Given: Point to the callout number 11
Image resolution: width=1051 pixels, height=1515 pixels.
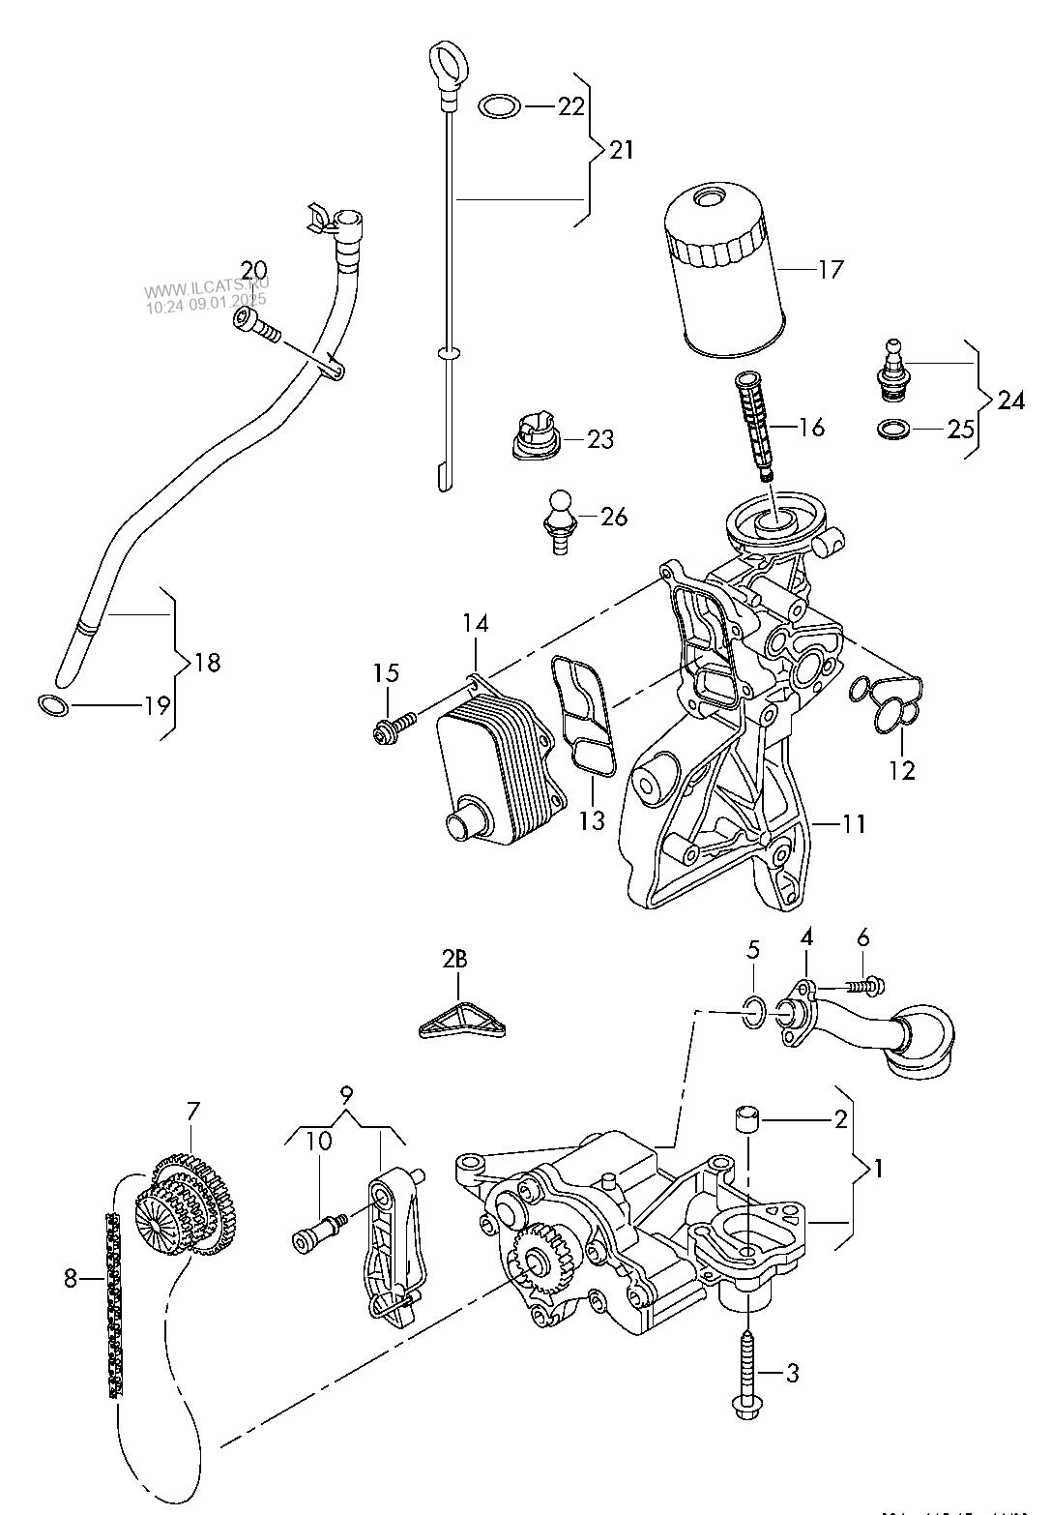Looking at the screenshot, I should click(x=854, y=823).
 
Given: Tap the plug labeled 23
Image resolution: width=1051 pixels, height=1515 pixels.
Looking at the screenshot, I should click(x=535, y=438).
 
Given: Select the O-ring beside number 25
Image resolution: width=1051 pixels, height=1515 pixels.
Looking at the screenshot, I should click(x=894, y=428).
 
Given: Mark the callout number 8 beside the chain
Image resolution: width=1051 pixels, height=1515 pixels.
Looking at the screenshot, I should click(x=70, y=1278).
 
